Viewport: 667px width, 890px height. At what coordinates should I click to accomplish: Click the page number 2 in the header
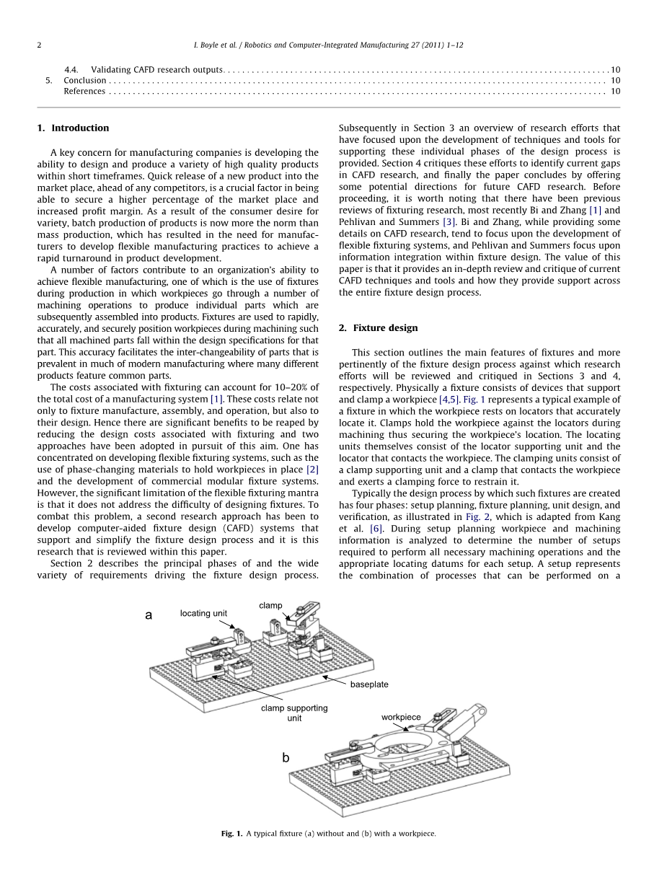39,45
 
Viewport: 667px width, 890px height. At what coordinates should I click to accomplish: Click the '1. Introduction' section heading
73,128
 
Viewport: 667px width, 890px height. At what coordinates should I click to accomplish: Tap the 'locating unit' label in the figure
203,613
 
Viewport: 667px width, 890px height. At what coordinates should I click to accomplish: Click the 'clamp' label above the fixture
270,605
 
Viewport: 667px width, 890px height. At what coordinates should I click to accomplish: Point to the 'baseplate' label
369,684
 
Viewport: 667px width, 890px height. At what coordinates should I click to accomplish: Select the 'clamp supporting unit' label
294,713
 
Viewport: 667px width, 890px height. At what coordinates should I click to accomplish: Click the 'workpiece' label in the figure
401,717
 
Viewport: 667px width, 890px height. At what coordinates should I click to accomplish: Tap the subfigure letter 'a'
149,615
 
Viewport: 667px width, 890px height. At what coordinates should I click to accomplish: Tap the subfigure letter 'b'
286,757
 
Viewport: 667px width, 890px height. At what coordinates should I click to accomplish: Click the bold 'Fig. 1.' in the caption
231,834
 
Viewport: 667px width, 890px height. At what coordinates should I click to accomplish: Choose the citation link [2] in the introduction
312,470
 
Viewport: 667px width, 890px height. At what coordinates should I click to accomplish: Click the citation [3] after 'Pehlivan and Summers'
449,221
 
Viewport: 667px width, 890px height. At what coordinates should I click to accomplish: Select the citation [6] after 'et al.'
376,529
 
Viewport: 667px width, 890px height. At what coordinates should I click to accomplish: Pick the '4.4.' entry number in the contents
71,69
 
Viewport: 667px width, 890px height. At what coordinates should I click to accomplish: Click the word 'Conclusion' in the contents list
84,80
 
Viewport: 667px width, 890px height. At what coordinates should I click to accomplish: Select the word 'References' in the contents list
84,91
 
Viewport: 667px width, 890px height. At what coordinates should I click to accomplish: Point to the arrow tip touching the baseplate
324,677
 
